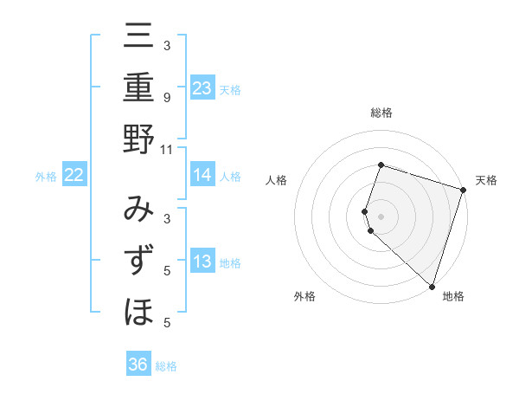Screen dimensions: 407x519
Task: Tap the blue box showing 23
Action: coord(202,87)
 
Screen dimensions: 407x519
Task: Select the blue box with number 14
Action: coord(202,175)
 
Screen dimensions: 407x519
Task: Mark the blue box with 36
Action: coord(138,365)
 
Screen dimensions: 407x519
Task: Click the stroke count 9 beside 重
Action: coord(166,98)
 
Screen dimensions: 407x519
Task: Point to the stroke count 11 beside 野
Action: coord(166,149)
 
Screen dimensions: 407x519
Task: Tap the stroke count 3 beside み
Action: coord(166,218)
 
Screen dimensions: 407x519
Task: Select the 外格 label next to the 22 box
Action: coord(46,177)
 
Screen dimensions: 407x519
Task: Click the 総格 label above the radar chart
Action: coord(381,113)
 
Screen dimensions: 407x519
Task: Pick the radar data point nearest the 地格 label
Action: coord(432,286)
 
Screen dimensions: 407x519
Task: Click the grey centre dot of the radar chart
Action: coord(381,215)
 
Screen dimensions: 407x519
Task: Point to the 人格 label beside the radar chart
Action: coord(277,180)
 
